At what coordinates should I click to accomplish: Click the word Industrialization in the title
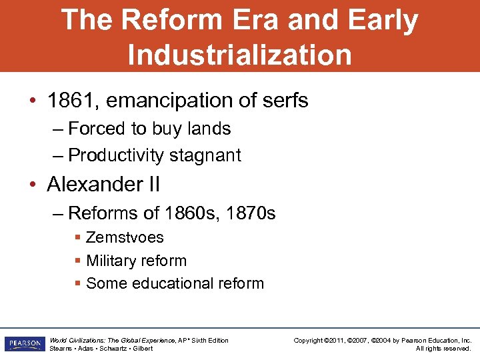point(239,54)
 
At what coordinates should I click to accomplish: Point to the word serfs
point(283,101)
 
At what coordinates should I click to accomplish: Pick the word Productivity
point(116,155)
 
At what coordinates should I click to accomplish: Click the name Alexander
point(93,184)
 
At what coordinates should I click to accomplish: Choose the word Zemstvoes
point(125,237)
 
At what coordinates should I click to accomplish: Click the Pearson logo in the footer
point(24,344)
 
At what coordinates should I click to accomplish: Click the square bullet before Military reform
point(78,261)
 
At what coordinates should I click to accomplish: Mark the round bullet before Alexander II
point(34,185)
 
